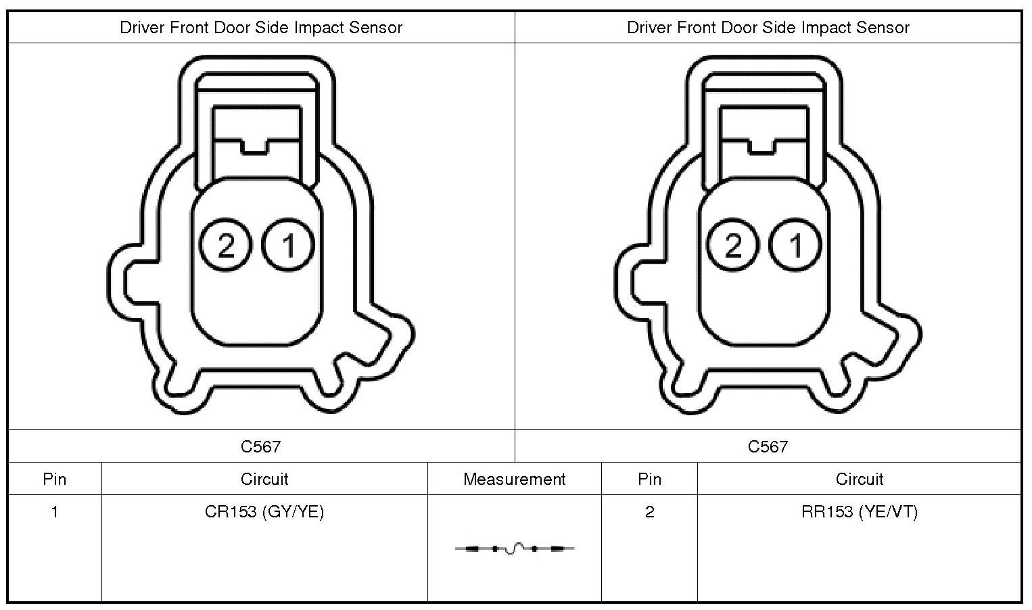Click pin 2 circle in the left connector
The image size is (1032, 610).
225,245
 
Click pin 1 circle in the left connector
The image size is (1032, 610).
288,245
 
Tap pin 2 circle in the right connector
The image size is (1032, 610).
732,245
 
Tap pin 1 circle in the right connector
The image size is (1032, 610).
795,245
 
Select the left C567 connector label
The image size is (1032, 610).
261,446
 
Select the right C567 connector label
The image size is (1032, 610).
768,446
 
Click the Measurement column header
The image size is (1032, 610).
514,479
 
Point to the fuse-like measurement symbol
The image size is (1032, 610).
515,548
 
